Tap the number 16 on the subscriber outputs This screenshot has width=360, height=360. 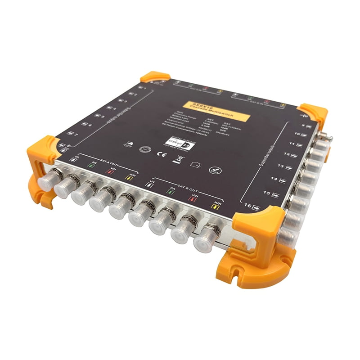pos(247,206)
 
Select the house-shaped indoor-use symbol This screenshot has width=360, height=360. pos(195,165)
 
